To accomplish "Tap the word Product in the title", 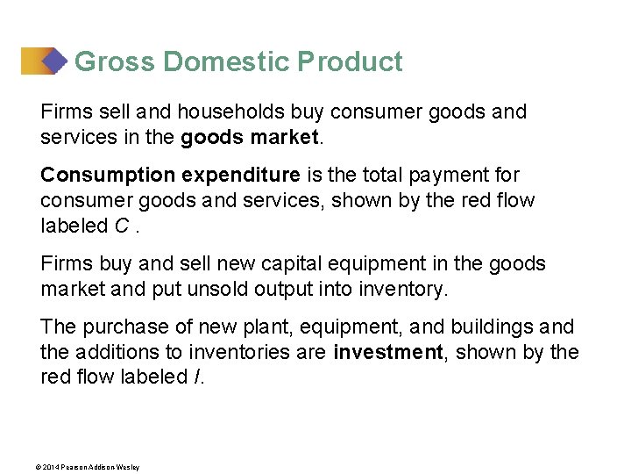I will pos(350,62).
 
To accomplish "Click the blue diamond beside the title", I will pos(54,61).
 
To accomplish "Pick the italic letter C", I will pos(122,226).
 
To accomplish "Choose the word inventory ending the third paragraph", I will pos(405,289).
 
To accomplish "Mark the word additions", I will pos(116,352).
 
